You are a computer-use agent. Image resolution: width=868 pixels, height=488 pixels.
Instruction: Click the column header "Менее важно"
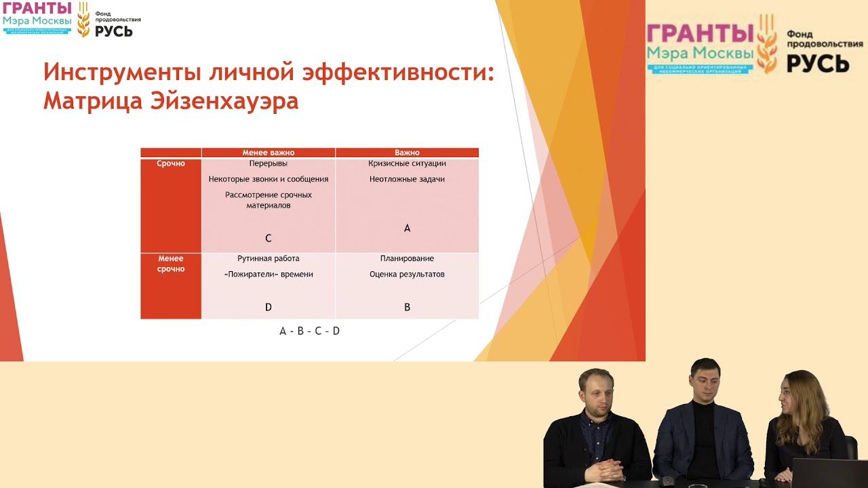click(269, 152)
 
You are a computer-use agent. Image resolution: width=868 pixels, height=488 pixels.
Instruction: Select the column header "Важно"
click(407, 152)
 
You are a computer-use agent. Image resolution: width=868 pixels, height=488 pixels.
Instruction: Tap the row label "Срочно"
click(170, 163)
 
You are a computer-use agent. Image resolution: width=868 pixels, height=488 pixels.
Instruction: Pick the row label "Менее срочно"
click(170, 264)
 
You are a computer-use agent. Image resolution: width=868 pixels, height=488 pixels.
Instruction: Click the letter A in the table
click(407, 228)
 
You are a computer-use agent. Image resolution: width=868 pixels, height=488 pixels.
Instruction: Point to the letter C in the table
click(269, 238)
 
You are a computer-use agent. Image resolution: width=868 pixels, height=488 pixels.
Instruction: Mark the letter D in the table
click(269, 307)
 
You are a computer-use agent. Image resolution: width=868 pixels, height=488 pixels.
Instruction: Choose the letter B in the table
click(407, 307)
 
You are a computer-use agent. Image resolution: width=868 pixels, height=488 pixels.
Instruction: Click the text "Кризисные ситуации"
click(407, 163)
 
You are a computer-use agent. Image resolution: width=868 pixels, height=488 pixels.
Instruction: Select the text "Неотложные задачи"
click(407, 180)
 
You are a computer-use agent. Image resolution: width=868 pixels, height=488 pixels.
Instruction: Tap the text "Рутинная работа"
click(269, 258)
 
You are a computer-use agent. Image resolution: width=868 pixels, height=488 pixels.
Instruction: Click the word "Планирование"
click(407, 258)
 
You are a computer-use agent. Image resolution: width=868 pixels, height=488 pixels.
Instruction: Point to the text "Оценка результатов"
click(407, 274)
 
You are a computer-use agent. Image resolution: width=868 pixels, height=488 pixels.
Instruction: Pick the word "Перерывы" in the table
click(269, 163)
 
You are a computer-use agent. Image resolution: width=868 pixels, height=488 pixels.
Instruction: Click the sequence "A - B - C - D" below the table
click(309, 331)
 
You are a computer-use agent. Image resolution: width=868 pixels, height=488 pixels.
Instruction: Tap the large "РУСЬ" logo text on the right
click(818, 62)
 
